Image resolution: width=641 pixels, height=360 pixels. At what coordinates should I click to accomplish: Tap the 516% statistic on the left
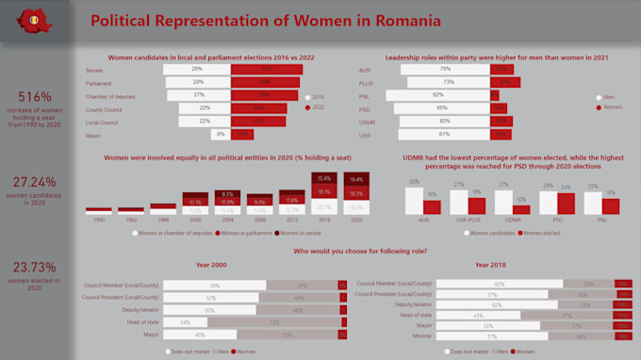36,97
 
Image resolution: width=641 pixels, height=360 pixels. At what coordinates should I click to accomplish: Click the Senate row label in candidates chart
94,70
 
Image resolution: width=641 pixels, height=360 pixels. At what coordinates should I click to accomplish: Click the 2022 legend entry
318,108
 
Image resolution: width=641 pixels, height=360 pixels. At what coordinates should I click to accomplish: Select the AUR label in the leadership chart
366,70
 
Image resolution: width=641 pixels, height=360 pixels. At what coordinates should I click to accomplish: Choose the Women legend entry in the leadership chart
612,108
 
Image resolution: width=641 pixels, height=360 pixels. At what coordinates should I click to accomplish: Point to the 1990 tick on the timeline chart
99,219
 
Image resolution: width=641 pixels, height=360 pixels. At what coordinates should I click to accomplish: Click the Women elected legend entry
539,232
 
